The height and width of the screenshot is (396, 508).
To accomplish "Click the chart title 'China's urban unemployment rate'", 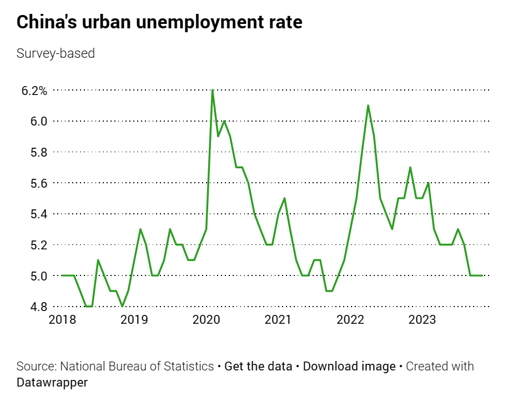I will [160, 22].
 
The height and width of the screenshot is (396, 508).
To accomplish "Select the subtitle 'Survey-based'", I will [56, 53].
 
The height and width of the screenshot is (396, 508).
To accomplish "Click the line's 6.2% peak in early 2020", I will [213, 91].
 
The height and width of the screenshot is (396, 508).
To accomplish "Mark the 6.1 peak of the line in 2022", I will [368, 106].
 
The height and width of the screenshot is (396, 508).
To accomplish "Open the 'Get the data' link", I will [258, 367].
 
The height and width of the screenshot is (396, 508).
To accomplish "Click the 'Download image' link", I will [349, 367].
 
